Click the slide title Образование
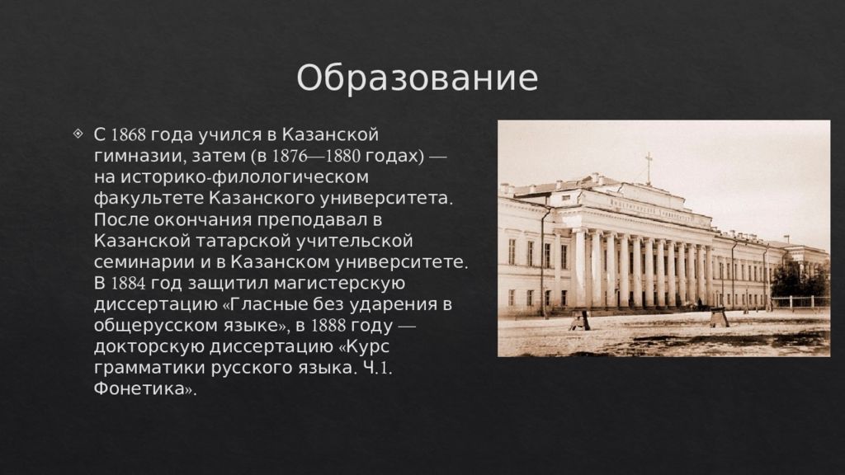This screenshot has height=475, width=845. click(417, 79)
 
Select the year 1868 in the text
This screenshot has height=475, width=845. click(128, 134)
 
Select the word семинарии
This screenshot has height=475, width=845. click(135, 262)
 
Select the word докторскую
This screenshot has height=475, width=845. click(156, 348)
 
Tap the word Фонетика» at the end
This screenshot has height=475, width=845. click(146, 391)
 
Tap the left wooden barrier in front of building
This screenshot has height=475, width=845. click(580, 319)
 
